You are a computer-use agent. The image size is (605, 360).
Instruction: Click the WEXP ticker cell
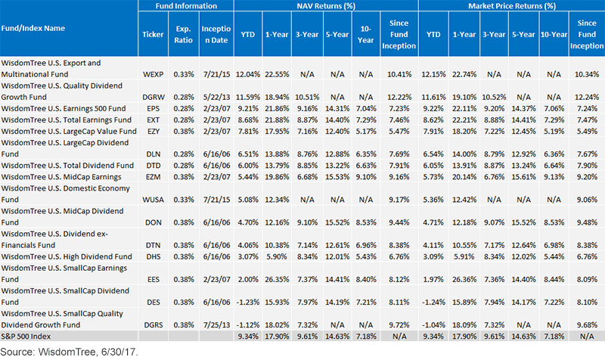coord(154,74)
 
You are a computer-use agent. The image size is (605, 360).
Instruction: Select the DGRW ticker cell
coord(154,97)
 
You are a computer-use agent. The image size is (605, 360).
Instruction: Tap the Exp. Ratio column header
coord(184,34)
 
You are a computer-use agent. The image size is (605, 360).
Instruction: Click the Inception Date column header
coord(216,34)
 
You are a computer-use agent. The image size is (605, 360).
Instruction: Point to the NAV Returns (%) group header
coord(326,6)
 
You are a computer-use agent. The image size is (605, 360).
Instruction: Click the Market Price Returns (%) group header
coord(512,6)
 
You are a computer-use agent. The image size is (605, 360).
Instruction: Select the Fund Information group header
coord(186,6)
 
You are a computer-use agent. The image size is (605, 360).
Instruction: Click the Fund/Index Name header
coord(33,28)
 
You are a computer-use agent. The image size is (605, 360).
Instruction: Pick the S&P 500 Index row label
coord(26,336)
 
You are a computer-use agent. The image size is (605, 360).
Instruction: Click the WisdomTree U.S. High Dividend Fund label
coord(67,256)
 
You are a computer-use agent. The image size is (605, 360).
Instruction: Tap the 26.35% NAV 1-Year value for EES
coord(277,279)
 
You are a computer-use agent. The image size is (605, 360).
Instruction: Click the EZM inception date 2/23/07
coord(216,177)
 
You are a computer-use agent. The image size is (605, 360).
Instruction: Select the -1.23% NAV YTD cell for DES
coord(248,302)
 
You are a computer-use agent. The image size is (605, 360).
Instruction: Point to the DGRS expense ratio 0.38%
coord(184,325)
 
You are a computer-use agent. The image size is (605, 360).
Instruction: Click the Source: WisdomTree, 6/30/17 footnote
coord(69,352)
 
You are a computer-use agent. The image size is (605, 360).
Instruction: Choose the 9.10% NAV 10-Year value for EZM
coord(366,177)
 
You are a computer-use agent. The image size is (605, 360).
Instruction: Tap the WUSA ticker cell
coord(154,200)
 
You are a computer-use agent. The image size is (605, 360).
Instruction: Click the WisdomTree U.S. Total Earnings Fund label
coord(67,120)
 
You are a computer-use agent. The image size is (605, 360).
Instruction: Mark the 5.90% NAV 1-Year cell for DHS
coord(277,256)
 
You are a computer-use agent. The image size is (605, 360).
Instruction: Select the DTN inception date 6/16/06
coord(216,245)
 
